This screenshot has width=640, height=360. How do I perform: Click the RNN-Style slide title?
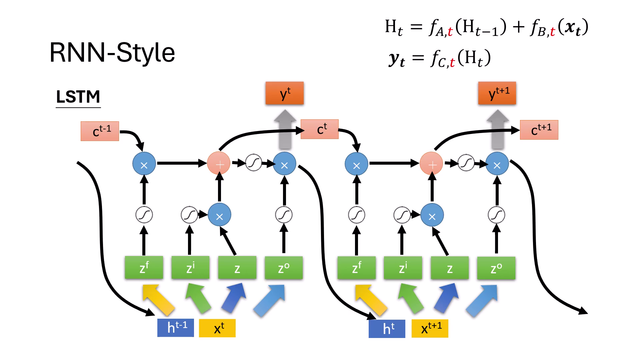pos(112,53)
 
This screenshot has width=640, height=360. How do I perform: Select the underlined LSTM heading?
pos(78,97)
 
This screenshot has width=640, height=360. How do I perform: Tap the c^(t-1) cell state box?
pos(100,131)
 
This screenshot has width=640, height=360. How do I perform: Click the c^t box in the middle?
pos(319,129)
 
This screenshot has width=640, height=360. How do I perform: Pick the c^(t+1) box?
pos(539,130)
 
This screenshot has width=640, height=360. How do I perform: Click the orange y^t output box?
pos(284,93)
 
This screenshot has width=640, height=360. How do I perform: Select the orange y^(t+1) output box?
pos(497,93)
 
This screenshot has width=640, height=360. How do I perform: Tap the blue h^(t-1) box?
pos(176,327)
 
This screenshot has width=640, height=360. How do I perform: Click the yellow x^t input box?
pos(217,328)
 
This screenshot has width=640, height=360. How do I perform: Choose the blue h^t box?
pos(387,329)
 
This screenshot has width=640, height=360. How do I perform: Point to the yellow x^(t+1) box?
pos(430,328)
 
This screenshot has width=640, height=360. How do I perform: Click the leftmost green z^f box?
pos(144,268)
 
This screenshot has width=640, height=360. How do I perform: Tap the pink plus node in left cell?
pos(219,164)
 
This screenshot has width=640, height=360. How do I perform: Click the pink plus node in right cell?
pos(431,164)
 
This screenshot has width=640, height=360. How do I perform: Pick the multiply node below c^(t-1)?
pos(144,164)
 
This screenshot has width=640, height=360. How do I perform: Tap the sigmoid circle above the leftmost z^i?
pos(189,215)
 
